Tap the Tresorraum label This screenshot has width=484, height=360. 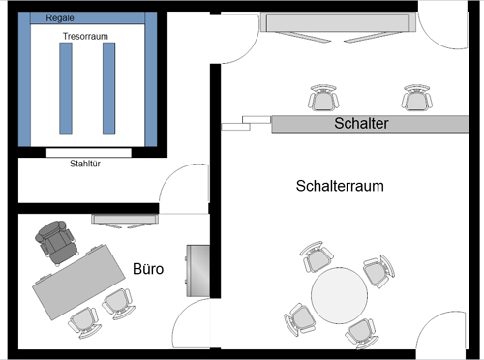[84, 36]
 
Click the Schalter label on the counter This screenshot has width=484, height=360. [361, 124]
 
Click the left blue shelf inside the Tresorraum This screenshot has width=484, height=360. [65, 88]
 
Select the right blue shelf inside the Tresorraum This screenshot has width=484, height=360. [109, 88]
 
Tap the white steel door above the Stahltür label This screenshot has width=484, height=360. [88, 152]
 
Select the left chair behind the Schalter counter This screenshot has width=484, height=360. [321, 99]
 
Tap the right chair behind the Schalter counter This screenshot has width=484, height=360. [416, 98]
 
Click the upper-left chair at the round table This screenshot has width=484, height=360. [316, 258]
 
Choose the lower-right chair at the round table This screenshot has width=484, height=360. [360, 332]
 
